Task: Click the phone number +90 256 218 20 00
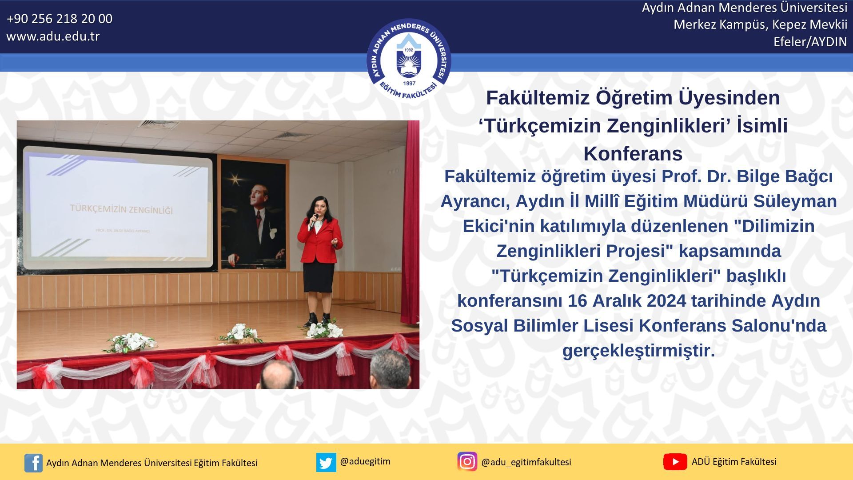(x=60, y=19)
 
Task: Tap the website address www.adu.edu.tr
(x=53, y=36)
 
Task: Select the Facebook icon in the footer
(x=33, y=463)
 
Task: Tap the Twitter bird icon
(x=326, y=462)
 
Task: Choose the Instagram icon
(x=467, y=462)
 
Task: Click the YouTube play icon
(x=675, y=462)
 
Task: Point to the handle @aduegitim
(x=365, y=461)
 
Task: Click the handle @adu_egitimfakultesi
(x=526, y=462)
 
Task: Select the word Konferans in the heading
(x=633, y=154)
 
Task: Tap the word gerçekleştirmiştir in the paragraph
(x=638, y=351)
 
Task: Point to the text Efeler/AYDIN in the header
(x=810, y=42)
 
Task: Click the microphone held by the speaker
(x=314, y=221)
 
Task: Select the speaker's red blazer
(x=320, y=240)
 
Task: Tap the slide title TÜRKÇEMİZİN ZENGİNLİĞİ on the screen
(x=121, y=209)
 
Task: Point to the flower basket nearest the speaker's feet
(x=324, y=329)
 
